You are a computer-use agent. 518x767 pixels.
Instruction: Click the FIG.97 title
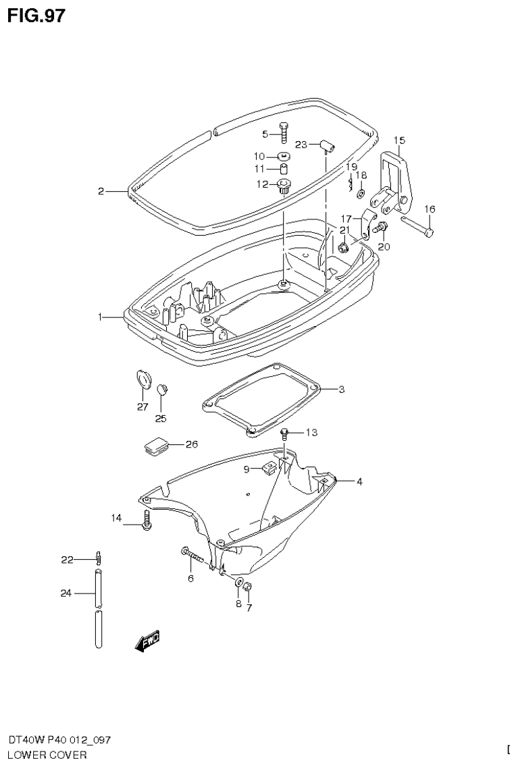(x=36, y=15)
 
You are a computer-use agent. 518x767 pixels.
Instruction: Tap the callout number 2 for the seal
(x=101, y=192)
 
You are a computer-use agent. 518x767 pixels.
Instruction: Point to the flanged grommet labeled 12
(x=284, y=184)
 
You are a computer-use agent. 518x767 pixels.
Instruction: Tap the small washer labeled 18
(x=361, y=194)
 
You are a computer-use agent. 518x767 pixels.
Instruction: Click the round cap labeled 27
(x=142, y=379)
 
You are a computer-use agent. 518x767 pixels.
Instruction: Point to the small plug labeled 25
(x=161, y=389)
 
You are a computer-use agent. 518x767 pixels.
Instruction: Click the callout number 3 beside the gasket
(x=342, y=390)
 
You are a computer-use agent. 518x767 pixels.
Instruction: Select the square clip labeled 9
(x=268, y=467)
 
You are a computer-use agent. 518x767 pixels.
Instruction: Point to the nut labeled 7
(x=247, y=586)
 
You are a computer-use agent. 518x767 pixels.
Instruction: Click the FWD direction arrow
(x=148, y=641)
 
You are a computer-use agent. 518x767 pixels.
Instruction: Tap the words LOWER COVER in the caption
(x=47, y=755)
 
